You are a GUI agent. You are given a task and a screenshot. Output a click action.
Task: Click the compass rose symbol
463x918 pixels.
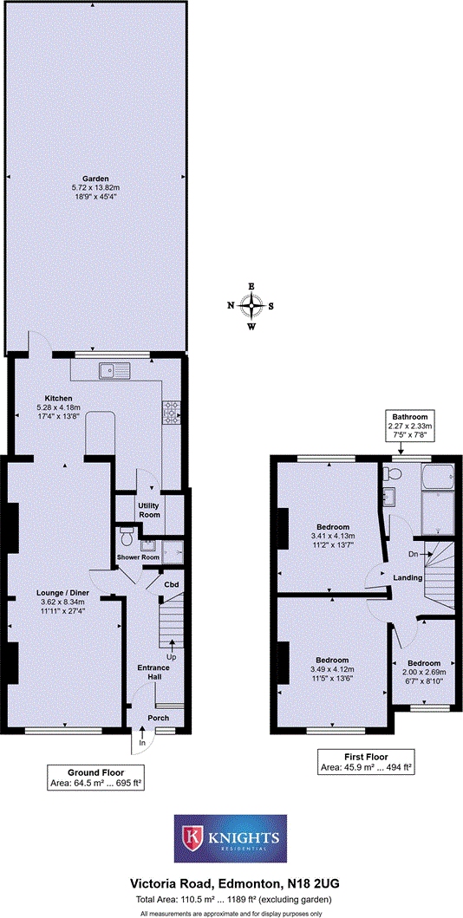click(251, 305)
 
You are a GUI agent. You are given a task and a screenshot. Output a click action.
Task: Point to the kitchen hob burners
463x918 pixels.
click(169, 412)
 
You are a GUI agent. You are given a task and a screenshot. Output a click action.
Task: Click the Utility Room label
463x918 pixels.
click(149, 510)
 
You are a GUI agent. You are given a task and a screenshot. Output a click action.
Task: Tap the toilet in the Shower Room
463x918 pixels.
click(127, 531)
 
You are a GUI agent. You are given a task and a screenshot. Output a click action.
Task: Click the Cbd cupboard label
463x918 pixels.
click(173, 584)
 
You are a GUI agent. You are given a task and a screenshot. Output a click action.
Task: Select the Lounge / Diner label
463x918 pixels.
click(58, 593)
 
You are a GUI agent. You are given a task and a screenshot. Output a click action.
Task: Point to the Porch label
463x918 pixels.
click(158, 719)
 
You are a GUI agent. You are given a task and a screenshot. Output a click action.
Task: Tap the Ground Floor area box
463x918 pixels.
click(95, 777)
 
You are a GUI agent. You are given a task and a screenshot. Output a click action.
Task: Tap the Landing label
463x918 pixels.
click(407, 578)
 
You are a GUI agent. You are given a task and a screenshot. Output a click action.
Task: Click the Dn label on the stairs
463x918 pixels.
click(414, 554)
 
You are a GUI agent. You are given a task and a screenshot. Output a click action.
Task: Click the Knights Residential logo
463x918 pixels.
click(231, 839)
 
